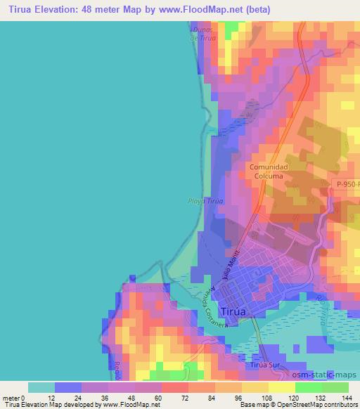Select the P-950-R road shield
pyautogui.click(x=346, y=183)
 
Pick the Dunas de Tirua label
pyautogui.click(x=202, y=33)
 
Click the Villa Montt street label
pyautogui.click(x=232, y=266)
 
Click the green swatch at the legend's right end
pyautogui.click(x=335, y=387)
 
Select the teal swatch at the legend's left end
pyautogui.click(x=41, y=387)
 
